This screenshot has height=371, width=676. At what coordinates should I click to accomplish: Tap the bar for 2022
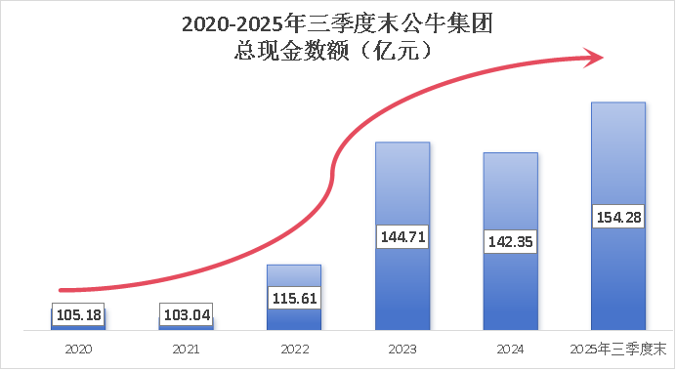tap(294, 278)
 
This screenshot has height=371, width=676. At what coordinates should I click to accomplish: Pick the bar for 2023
tap(402, 185)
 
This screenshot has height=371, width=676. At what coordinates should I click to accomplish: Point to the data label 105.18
tap(78, 315)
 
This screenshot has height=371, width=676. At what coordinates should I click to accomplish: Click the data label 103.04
tap(187, 315)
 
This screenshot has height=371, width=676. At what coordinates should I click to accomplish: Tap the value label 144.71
tap(402, 236)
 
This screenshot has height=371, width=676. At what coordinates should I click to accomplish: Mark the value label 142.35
tap(510, 240)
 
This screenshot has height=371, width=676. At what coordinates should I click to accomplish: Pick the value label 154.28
tap(617, 217)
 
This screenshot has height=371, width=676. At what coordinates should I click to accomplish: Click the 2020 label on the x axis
tap(78, 349)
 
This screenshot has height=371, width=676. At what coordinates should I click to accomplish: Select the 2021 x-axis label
tap(187, 349)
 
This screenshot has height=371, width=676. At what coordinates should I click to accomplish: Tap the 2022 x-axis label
tap(294, 349)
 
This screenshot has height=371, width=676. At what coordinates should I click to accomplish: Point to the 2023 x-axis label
tap(402, 349)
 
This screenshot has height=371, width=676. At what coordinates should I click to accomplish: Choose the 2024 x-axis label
tap(510, 349)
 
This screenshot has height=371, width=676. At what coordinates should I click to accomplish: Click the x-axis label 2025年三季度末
tap(617, 349)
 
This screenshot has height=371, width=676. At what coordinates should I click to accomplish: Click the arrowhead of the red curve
tap(595, 58)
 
